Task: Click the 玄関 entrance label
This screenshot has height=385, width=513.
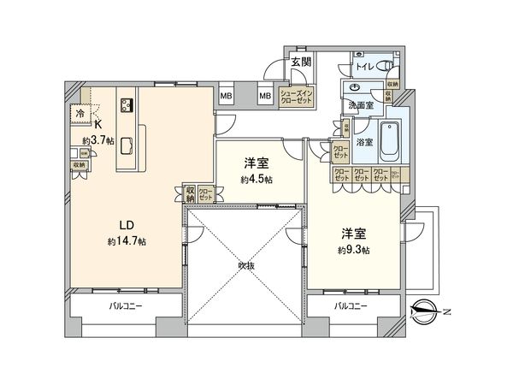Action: click(x=299, y=62)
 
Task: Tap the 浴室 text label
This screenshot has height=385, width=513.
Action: click(x=363, y=142)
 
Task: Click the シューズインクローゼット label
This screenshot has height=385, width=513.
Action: click(x=296, y=96)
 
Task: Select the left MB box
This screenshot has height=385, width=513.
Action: click(x=227, y=96)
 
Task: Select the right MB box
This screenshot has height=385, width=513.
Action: click(x=265, y=96)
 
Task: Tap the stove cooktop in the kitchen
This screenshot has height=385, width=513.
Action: click(x=127, y=106)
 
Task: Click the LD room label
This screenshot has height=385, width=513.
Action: click(x=127, y=226)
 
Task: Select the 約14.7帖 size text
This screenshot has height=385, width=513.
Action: click(x=127, y=241)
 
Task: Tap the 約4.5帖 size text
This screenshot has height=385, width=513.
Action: click(x=257, y=180)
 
